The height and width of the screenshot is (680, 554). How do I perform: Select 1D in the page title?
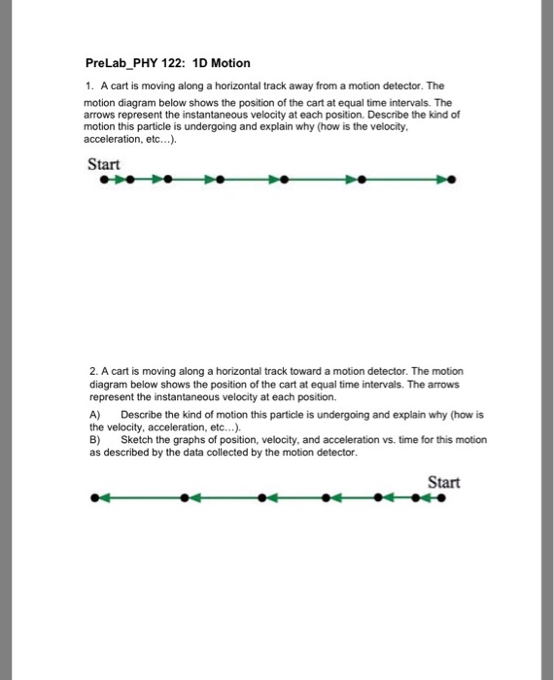pos(213,63)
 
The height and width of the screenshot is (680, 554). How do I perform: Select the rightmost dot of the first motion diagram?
pos(453,181)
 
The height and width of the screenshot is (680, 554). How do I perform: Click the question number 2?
pos(91,372)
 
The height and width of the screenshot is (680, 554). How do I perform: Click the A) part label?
pos(94,413)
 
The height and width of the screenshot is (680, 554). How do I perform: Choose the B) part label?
pos(94,440)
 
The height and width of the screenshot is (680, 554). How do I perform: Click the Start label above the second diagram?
pos(443,483)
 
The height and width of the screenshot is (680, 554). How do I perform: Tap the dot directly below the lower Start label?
pos(443,500)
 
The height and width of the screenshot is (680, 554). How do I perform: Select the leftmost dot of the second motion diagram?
pos(93,500)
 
